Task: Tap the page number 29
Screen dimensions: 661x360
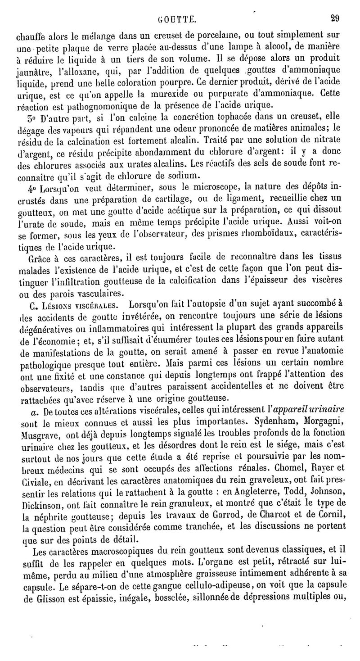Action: tap(334, 18)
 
